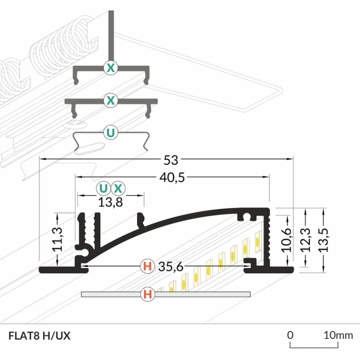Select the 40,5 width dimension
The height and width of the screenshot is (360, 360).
(171, 178)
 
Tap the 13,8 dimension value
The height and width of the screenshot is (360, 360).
(110, 202)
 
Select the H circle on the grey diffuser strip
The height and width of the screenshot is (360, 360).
(147, 294)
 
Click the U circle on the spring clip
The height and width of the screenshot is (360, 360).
(110, 133)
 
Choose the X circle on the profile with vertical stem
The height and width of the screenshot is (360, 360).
(110, 68)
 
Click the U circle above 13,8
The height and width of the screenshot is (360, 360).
(103, 188)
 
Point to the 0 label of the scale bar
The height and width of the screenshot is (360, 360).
(290, 335)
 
